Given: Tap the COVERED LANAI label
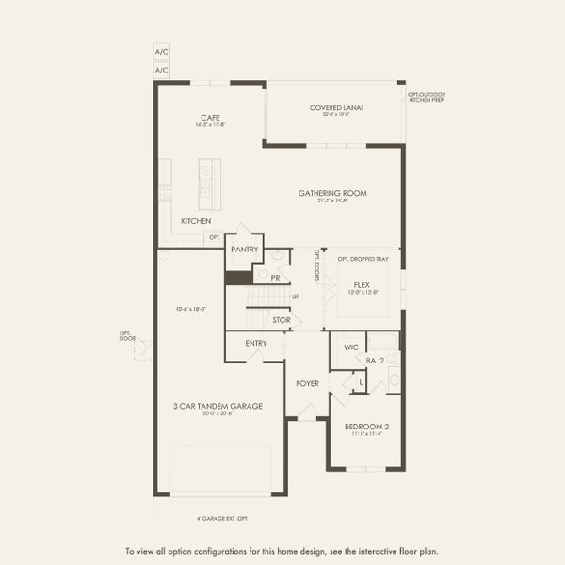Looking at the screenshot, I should point(336,108).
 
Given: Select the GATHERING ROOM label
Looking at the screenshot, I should point(332,193).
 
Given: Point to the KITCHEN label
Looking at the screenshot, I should point(196,221).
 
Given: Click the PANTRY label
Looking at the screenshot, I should point(244,250).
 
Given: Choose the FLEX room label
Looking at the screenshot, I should point(362,284).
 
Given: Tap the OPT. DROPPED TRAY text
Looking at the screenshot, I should point(363,259).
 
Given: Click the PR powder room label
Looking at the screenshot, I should point(275,279).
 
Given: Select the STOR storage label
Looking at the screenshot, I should point(281,320).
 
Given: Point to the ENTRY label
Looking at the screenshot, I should point(256,343).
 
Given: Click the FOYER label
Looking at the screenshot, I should point(307,383).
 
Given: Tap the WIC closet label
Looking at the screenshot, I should point(351,347).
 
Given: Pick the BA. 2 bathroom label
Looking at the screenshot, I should point(376,360).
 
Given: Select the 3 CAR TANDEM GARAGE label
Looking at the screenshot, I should point(217,406).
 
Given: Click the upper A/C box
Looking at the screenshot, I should point(162,54).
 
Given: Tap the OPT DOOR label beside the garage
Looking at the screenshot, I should point(127,335).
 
